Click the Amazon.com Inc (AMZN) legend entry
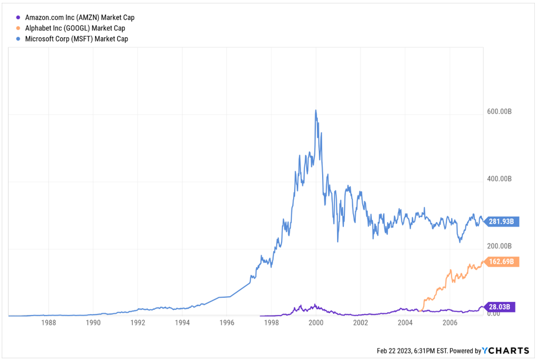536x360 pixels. pyautogui.click(x=79, y=18)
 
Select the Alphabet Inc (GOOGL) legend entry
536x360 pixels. pyautogui.click(x=75, y=28)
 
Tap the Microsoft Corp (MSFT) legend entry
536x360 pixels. pyautogui.click(x=76, y=39)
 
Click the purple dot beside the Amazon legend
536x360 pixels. pyautogui.click(x=19, y=18)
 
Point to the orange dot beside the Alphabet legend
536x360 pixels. pyautogui.click(x=19, y=28)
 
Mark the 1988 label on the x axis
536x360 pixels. pyautogui.click(x=49, y=323)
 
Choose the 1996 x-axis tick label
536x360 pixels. pyautogui.click(x=227, y=323)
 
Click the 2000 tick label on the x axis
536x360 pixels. pyautogui.click(x=316, y=323)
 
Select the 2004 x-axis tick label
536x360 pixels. pyautogui.click(x=405, y=323)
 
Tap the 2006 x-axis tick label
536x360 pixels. pyautogui.click(x=450, y=323)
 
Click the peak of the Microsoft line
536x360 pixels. pyautogui.click(x=315, y=110)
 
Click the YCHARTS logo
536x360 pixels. pyautogui.click(x=506, y=350)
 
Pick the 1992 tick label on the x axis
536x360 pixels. pyautogui.click(x=138, y=323)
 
